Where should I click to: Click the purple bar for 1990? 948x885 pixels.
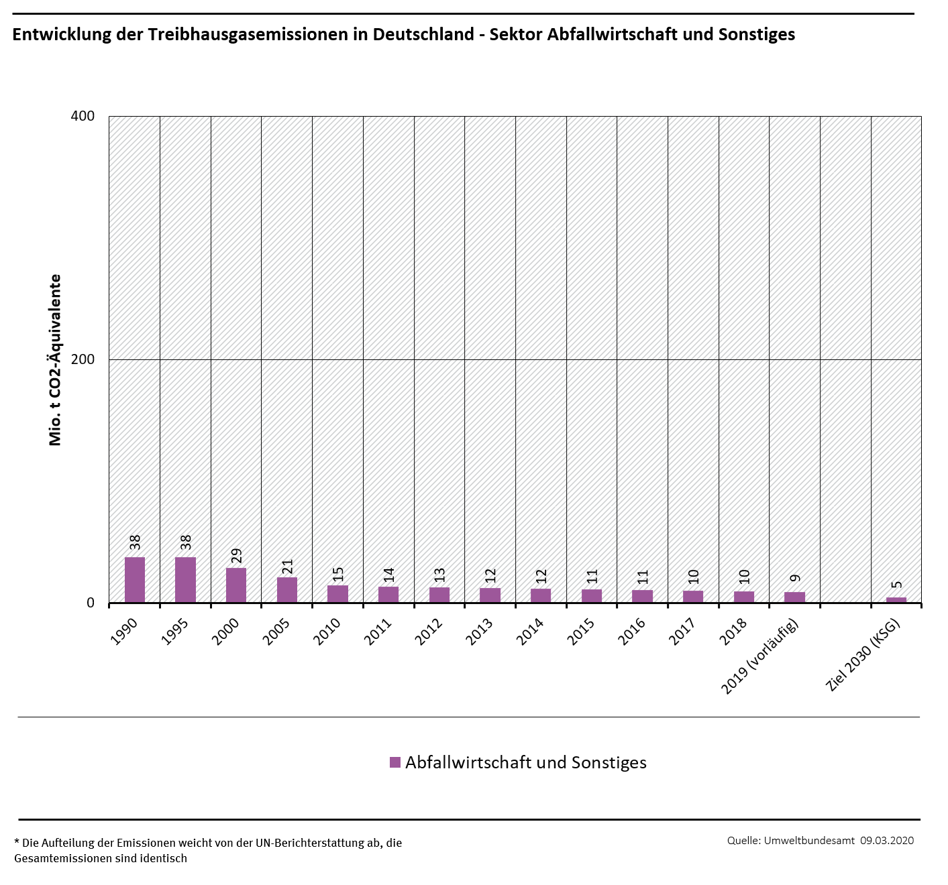point(135,580)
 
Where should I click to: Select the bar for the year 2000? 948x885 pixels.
point(236,585)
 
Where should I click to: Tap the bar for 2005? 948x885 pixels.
point(287,590)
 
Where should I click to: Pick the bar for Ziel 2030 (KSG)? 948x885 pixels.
point(896,600)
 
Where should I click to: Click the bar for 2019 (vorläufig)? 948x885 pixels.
point(794,597)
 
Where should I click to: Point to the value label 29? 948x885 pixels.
point(236,556)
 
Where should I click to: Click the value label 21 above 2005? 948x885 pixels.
point(287,567)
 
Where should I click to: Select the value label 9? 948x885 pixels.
point(795,579)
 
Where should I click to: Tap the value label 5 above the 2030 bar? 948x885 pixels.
point(896,585)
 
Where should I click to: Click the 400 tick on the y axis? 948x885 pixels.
point(83,116)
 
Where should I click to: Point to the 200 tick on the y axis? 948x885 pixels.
point(83,359)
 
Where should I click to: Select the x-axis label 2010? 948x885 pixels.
point(327,632)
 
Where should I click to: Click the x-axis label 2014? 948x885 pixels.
point(531,632)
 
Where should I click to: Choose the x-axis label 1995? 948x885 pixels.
point(175,632)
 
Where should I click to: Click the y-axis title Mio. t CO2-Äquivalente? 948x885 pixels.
point(55,359)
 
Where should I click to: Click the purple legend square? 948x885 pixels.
point(395,762)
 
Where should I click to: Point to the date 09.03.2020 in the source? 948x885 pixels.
point(887,841)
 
